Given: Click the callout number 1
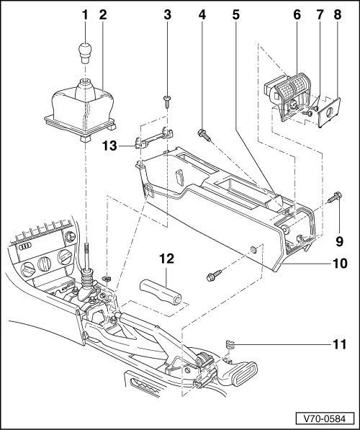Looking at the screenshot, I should pos(84,13).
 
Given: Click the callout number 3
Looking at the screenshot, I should pos(167,13).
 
